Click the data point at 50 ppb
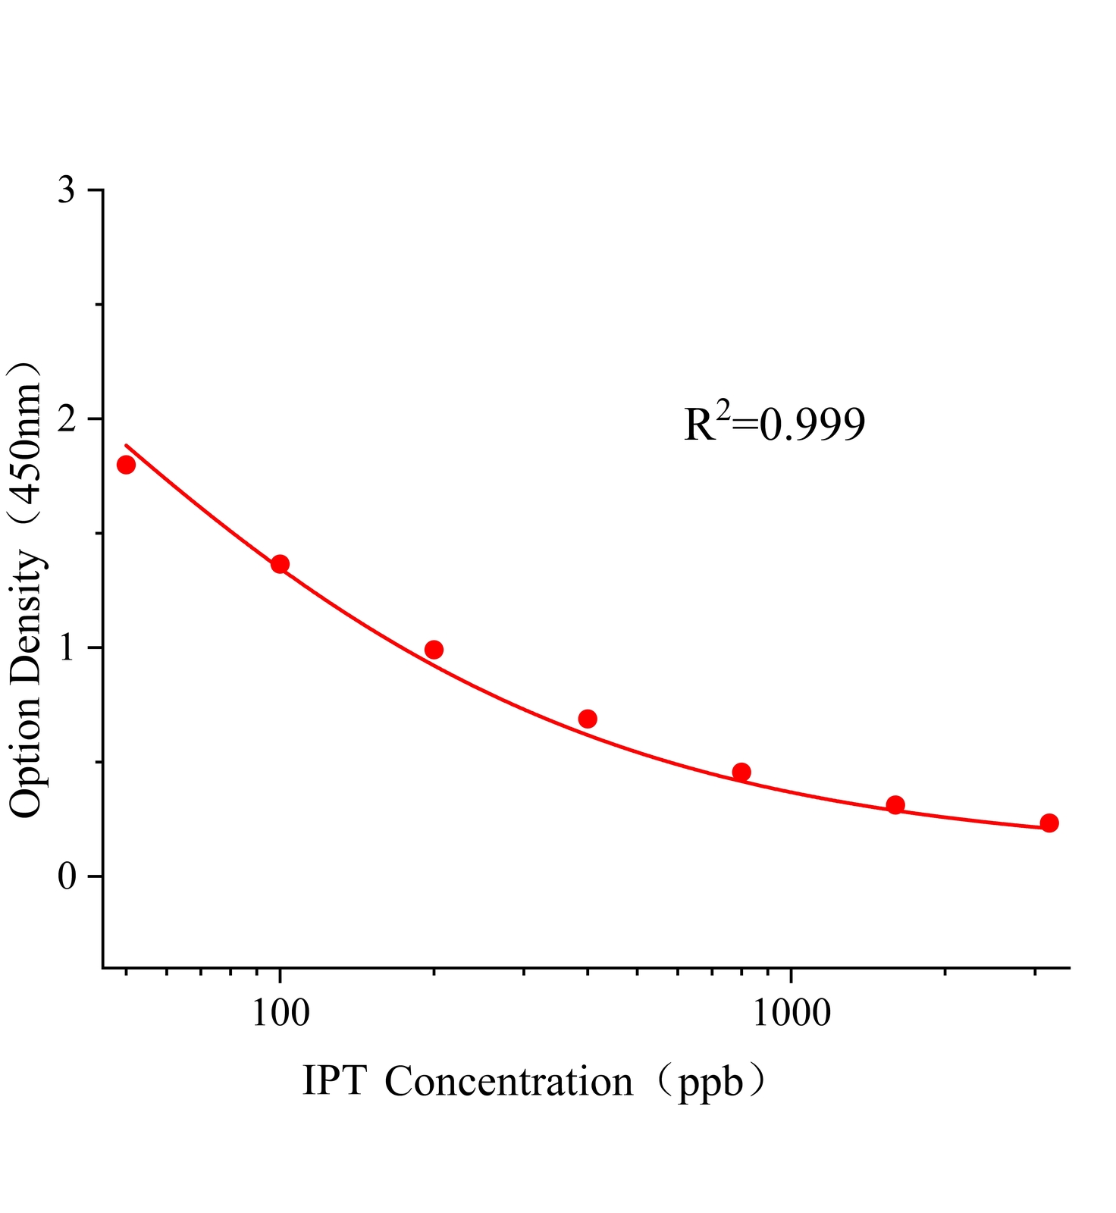pos(126,465)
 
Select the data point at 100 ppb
pos(280,564)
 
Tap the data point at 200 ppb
pos(434,650)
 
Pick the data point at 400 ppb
pos(588,719)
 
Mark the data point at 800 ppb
pos(741,773)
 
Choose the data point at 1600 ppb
pos(895,805)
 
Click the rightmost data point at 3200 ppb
pos(1049,823)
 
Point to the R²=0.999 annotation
pos(774,424)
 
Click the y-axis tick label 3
pos(67,190)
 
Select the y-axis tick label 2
pos(67,419)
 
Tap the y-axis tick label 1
pos(67,648)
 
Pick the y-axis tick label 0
pos(67,877)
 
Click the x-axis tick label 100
pos(280,1013)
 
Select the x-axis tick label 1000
pos(791,1013)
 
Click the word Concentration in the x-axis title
pos(509,1081)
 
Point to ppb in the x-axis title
pos(711,1083)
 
